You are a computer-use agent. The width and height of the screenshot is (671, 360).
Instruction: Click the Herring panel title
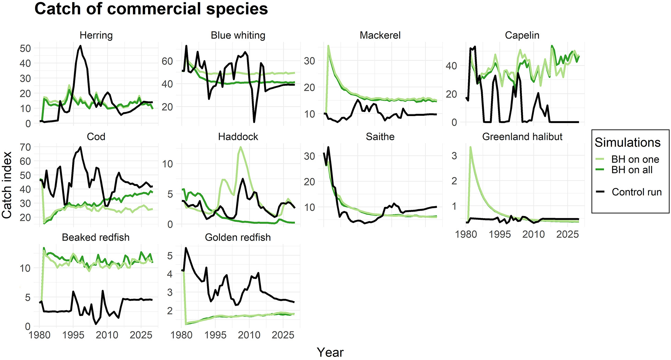[96, 35]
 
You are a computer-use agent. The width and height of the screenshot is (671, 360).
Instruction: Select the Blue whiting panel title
[238, 35]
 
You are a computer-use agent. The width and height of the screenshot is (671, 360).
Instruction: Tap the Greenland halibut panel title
[522, 137]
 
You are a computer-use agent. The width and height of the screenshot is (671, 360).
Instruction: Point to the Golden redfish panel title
[238, 237]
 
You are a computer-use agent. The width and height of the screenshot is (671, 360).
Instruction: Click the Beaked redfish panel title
[95, 237]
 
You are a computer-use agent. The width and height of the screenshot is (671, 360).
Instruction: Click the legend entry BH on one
[635, 159]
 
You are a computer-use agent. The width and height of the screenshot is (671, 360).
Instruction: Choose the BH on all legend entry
[632, 170]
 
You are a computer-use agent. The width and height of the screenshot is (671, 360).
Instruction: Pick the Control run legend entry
[636, 192]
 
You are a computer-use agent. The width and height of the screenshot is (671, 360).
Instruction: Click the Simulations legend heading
[627, 143]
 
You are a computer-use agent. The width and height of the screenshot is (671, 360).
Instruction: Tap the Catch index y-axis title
[7, 185]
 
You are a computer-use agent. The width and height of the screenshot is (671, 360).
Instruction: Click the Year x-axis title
[330, 352]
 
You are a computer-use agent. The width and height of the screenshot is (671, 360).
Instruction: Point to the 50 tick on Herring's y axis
[25, 48]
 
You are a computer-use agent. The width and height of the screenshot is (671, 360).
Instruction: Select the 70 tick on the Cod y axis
[25, 147]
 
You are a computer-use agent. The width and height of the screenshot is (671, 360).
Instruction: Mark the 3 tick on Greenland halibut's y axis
[454, 156]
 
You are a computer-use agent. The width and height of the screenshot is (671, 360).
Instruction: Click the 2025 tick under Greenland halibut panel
[567, 234]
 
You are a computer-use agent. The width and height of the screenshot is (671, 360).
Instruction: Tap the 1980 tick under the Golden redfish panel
[182, 335]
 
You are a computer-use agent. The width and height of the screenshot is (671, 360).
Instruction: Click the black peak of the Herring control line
[80, 46]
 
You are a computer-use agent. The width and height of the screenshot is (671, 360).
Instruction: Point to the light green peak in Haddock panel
[240, 147]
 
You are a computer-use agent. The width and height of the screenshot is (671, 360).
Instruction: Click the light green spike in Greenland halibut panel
[470, 147]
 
